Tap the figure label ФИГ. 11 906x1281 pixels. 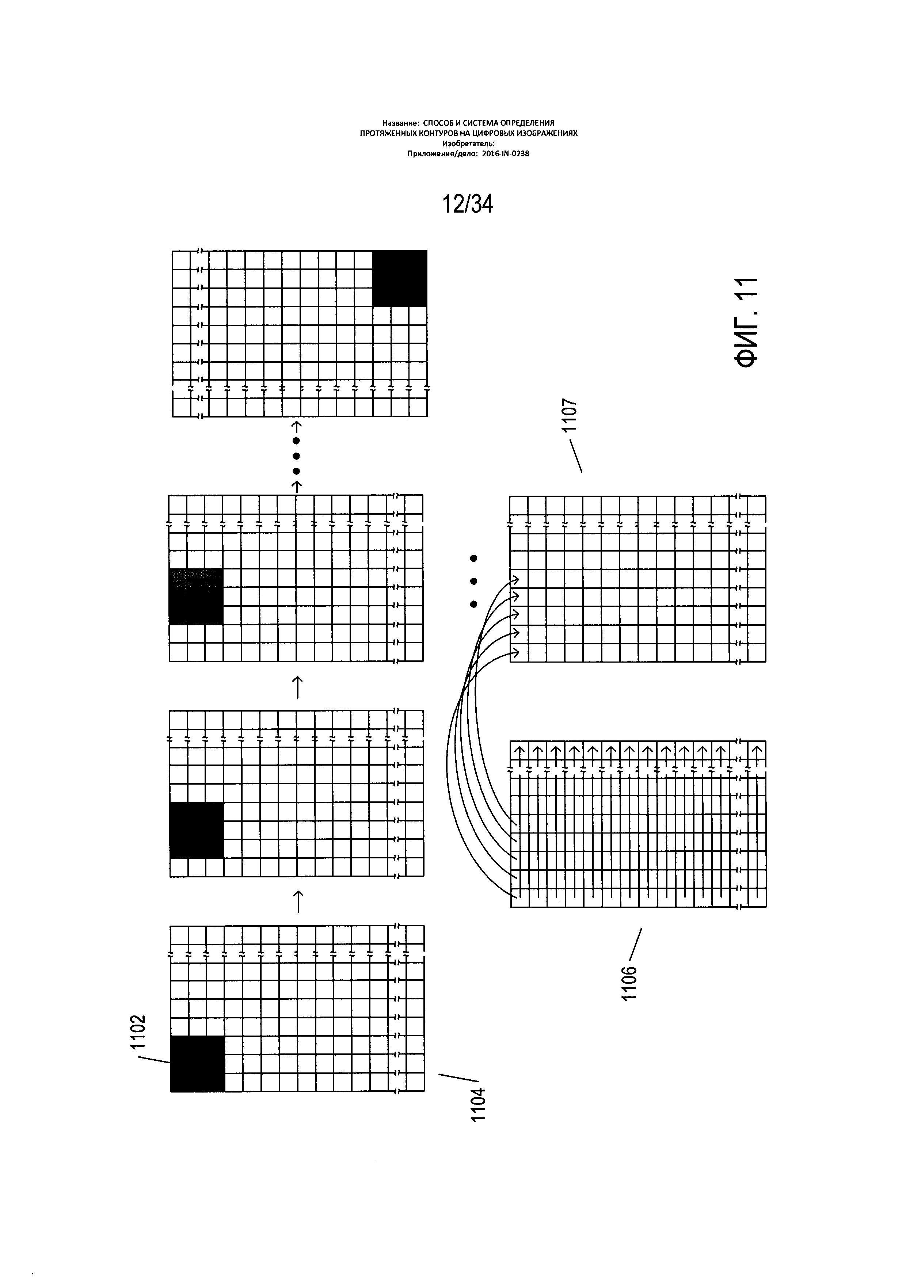pos(746,322)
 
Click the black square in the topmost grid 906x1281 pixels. pos(399,278)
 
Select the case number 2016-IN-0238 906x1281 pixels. pos(506,154)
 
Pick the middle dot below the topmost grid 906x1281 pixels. pos(297,456)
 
